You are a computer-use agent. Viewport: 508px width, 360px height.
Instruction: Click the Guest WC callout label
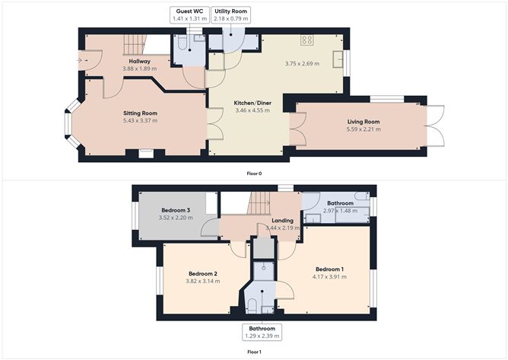point(189,15)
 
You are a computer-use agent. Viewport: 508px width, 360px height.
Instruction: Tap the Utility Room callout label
point(230,15)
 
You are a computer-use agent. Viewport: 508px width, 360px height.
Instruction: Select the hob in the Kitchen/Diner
point(306,40)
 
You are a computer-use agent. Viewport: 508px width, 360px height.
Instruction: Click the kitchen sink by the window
point(338,59)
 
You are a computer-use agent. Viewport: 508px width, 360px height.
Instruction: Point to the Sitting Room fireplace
point(146,154)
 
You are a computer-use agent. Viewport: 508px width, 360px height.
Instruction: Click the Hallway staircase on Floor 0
point(133,45)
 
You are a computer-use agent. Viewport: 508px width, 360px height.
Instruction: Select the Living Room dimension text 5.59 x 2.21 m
point(364,129)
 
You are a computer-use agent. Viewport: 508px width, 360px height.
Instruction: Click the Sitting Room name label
point(140,113)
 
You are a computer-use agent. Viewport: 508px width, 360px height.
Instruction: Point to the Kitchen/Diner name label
point(252,104)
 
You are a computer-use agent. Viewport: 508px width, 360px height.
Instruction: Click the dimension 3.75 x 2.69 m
point(302,64)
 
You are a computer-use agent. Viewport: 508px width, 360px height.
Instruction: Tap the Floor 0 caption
point(254,174)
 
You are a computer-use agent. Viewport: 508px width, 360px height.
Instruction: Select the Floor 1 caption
point(254,352)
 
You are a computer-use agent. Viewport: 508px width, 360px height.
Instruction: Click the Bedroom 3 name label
point(176,210)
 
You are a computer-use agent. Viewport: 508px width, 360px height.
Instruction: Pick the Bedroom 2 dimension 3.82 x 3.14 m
point(203,281)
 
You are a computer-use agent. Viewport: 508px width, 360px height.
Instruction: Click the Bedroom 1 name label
point(329,269)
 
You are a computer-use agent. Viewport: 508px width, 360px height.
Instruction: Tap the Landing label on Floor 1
point(282,221)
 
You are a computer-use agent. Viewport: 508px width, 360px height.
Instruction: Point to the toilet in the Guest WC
point(182,43)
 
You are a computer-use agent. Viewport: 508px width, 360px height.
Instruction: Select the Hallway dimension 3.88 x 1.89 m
point(140,68)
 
